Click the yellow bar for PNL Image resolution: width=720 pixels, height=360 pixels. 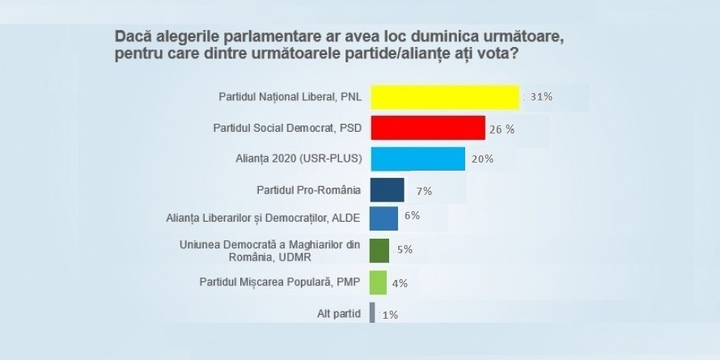(443, 96)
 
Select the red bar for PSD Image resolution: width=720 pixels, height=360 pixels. (427, 128)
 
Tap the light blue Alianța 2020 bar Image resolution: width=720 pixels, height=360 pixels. (417, 159)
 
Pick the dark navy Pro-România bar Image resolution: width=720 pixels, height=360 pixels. (387, 190)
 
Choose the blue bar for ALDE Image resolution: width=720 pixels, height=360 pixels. (383, 219)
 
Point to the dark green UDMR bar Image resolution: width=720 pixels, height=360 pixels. (379, 250)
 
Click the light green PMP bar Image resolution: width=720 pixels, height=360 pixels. (377, 283)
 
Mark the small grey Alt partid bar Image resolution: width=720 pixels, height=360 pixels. (372, 313)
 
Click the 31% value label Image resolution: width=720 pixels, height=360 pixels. (541, 97)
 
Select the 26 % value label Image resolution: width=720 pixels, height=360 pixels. (505, 129)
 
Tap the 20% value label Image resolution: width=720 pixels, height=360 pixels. (482, 159)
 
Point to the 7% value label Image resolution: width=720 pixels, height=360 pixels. (424, 191)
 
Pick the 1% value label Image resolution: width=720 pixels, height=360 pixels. (389, 315)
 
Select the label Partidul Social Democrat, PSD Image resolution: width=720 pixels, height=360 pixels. (287, 128)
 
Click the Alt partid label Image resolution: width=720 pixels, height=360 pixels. (340, 313)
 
